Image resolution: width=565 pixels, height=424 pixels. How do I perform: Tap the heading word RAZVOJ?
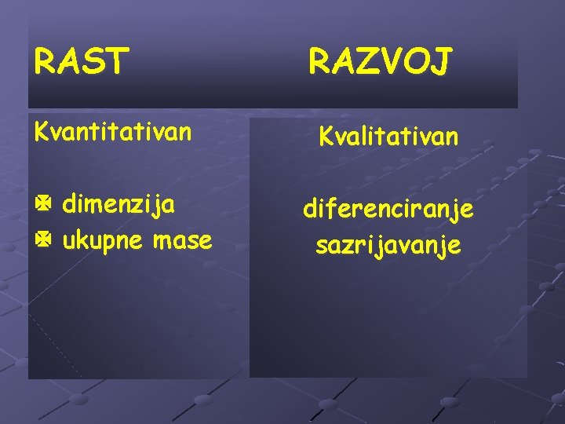pyautogui.click(x=380, y=61)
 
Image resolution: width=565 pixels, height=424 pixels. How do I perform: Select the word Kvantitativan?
pyautogui.click(x=112, y=131)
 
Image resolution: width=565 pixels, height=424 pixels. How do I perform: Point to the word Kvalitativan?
pyautogui.click(x=388, y=137)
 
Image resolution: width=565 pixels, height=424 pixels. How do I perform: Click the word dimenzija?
pyautogui.click(x=118, y=206)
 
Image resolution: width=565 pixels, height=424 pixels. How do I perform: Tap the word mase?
pyautogui.click(x=182, y=239)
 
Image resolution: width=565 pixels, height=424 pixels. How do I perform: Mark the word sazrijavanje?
pyautogui.click(x=388, y=246)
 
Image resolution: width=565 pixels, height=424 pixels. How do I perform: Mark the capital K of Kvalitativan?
pyautogui.click(x=325, y=137)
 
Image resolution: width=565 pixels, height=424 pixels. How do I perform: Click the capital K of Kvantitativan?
pyautogui.click(x=40, y=131)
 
